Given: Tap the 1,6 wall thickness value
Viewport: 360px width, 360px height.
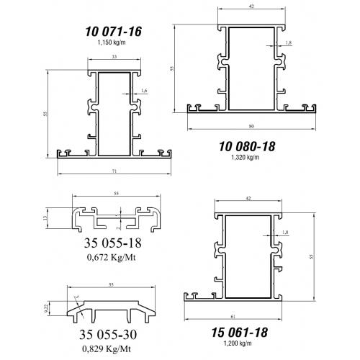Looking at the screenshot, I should point(144,91).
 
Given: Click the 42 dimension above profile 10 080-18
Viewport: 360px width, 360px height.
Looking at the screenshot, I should point(251,6).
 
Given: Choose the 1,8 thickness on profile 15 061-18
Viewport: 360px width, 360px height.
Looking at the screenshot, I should point(287,232).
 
